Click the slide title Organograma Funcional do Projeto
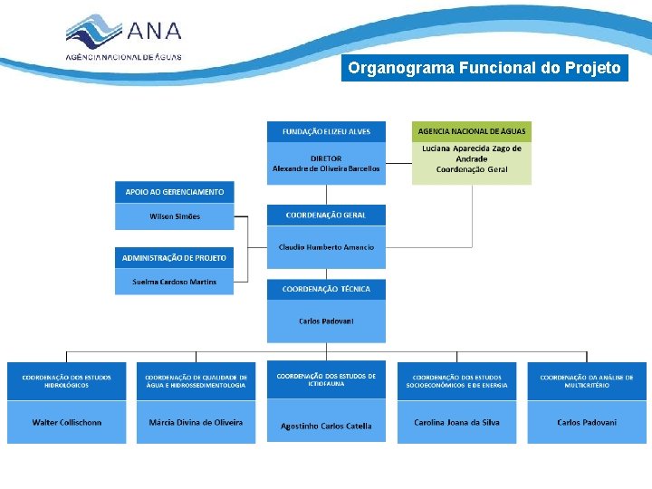point(484,68)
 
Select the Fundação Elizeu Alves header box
point(326,131)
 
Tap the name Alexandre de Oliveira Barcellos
point(326,168)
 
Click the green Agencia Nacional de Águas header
point(472,131)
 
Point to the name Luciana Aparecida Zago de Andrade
point(472,153)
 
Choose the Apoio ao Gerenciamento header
point(175,192)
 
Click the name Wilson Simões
point(175,216)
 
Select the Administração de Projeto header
point(175,258)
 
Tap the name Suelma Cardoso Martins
point(175,282)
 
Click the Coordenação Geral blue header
point(326,215)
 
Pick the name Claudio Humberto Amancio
point(326,247)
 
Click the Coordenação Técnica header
point(326,289)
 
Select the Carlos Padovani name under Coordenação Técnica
point(326,321)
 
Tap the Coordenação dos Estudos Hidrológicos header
point(68,381)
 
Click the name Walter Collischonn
point(68,422)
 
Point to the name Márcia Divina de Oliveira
point(196,422)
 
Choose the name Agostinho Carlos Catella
point(326,426)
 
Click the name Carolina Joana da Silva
point(456,422)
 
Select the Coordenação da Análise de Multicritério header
point(587,381)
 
